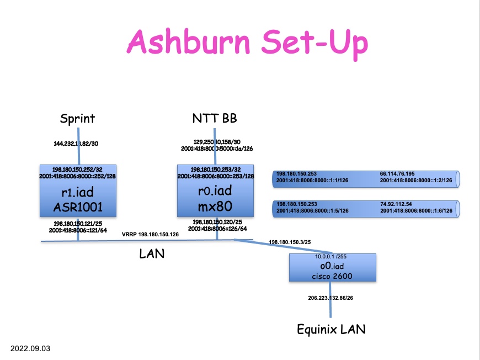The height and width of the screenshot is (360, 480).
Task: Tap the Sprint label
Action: click(x=77, y=118)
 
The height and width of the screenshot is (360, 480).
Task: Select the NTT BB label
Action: click(x=215, y=118)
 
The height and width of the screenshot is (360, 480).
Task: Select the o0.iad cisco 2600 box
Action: click(x=333, y=268)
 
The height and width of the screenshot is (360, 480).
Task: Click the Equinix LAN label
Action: click(x=331, y=330)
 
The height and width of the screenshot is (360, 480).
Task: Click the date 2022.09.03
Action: click(x=30, y=349)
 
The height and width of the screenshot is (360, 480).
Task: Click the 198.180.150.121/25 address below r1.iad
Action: click(x=78, y=224)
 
